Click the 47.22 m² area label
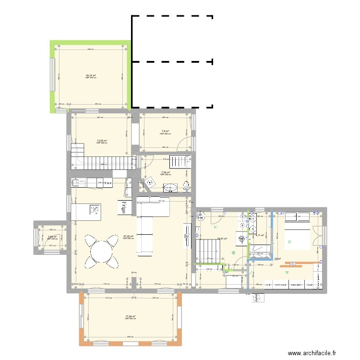pyautogui.click(x=128, y=236)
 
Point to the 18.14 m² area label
pyautogui.click(x=91, y=75)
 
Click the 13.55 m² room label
pyautogui.click(x=101, y=141)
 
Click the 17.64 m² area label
pyautogui.click(x=131, y=316)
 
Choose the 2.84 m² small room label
pyautogui.click(x=52, y=237)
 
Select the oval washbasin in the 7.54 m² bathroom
pyautogui.click(x=170, y=187)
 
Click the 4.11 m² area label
pyautogui.click(x=260, y=236)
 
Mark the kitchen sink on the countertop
pyautogui.click(x=77, y=182)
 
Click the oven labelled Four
pyautogui.click(x=108, y=183)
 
